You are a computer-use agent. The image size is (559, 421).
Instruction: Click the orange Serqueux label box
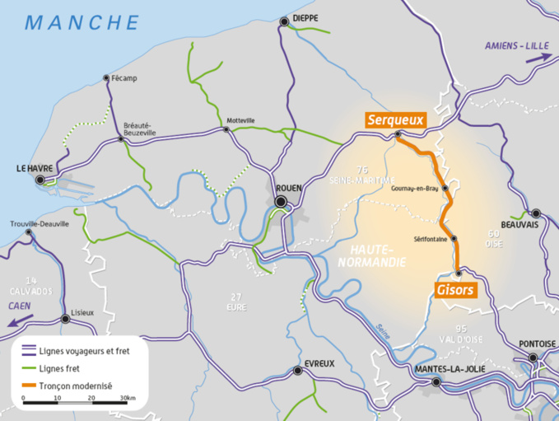(395, 120)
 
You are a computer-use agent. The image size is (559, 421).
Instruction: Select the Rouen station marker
(281, 201)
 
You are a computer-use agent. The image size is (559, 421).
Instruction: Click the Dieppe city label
(302, 17)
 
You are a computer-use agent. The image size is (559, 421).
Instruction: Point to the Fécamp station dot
(106, 78)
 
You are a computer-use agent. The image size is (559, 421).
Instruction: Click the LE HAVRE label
(35, 168)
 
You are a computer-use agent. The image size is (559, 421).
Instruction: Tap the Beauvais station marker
(536, 213)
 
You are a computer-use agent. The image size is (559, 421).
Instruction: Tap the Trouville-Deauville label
(40, 223)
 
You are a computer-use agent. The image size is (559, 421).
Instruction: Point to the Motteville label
(240, 120)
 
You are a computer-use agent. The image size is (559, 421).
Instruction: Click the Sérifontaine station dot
(454, 239)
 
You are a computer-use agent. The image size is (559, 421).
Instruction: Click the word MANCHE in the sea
(82, 22)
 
